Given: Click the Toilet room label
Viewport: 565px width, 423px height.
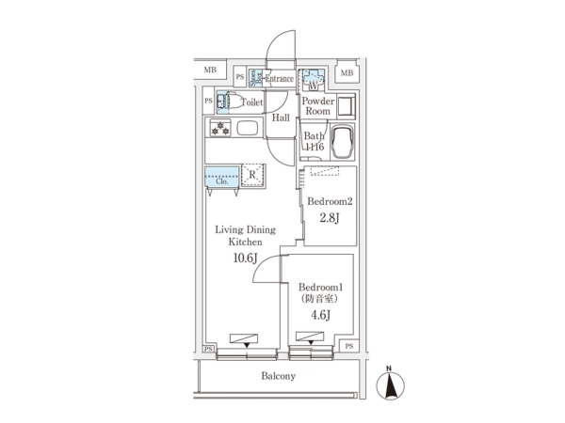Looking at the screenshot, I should click(x=251, y=103).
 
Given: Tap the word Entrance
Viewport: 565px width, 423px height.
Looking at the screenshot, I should click(x=279, y=79).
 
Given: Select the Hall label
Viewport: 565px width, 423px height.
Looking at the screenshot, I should click(x=281, y=118).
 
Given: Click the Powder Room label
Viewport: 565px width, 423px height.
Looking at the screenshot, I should click(x=317, y=105).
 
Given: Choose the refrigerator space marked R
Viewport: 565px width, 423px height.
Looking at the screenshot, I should click(x=252, y=174).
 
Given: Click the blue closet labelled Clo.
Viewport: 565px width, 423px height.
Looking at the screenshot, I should click(x=221, y=177).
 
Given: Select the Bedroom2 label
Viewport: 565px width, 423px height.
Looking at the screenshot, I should click(x=329, y=201).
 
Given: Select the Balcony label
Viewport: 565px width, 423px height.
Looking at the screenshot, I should click(x=278, y=376).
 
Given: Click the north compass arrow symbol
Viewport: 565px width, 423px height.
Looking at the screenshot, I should click(x=388, y=384).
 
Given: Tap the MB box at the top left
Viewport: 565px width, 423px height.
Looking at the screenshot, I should click(x=210, y=70).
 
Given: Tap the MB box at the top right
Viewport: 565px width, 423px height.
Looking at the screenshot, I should click(x=347, y=74).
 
